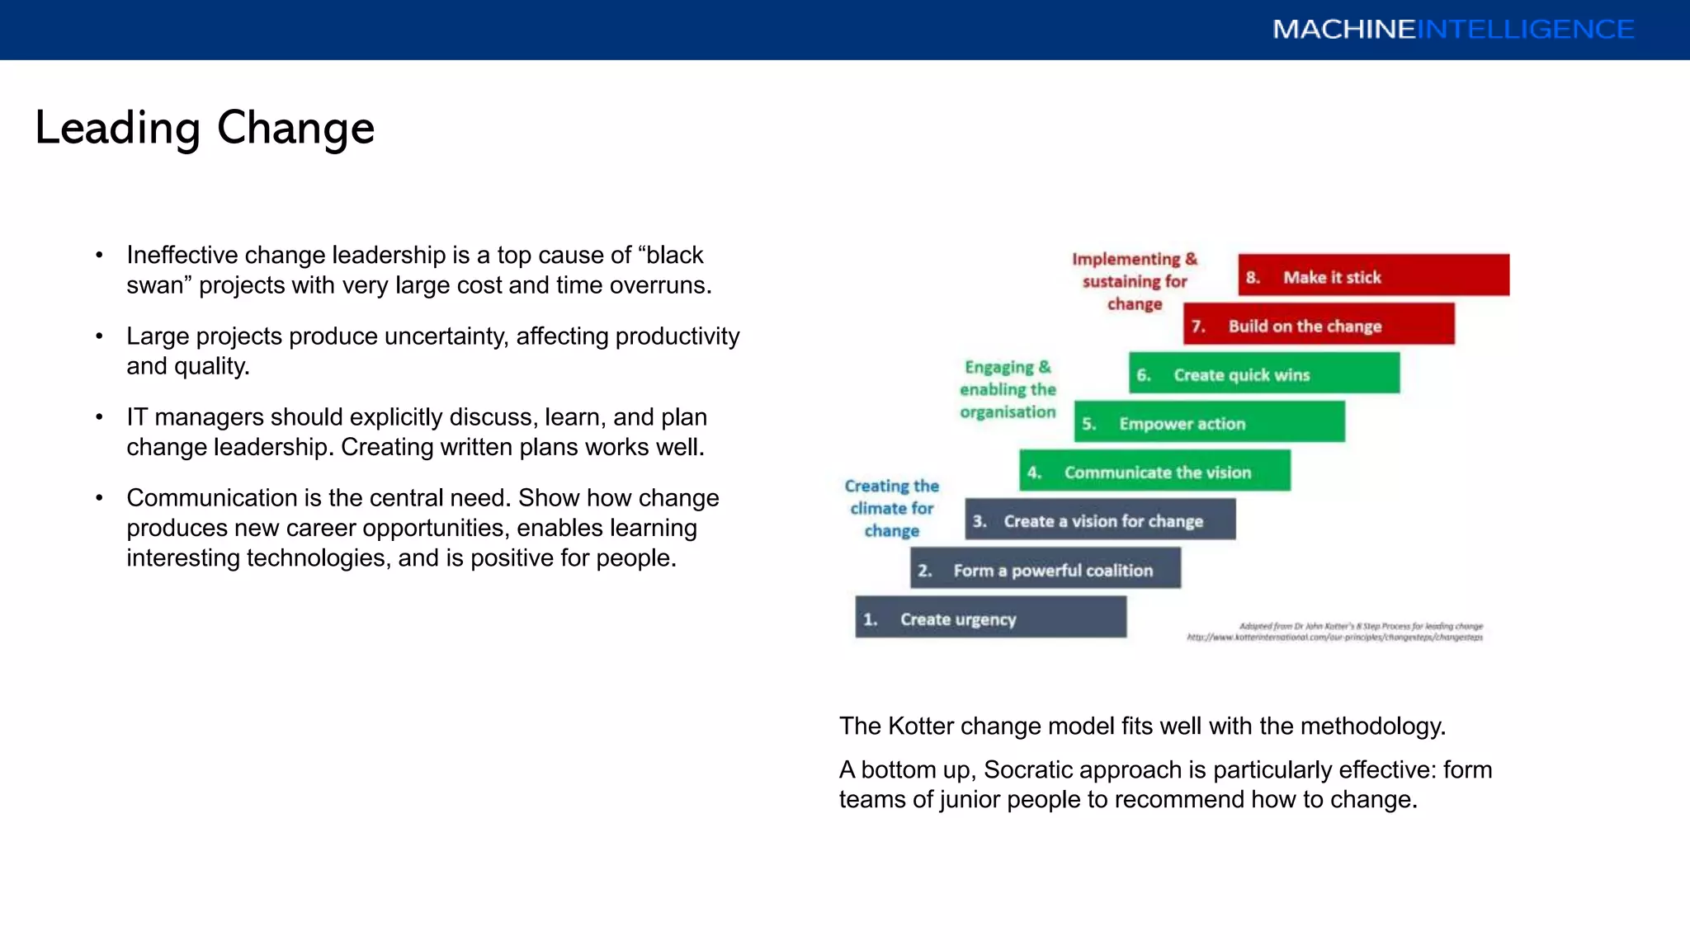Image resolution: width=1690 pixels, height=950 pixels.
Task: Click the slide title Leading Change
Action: [205, 129]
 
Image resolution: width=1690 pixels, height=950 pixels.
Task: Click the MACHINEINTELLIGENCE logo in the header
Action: [1452, 30]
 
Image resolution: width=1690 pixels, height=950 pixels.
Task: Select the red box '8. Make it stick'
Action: [1373, 275]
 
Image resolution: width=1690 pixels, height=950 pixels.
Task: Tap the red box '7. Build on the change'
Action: [1318, 324]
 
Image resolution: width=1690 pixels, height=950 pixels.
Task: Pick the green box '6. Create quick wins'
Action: [1263, 374]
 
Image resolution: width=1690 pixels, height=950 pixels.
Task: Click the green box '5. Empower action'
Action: [1209, 422]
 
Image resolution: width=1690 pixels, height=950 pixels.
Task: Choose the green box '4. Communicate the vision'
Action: [1154, 471]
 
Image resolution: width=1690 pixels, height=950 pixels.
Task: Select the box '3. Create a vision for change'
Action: [1100, 520]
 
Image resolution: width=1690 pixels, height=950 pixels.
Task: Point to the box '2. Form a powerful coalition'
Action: [1045, 569]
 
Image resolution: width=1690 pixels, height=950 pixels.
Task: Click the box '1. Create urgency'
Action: [990, 618]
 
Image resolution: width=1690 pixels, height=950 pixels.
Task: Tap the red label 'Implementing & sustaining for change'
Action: [1135, 281]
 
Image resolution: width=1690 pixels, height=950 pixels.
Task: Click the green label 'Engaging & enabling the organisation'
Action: [1008, 389]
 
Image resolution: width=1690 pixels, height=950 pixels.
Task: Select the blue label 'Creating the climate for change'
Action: [892, 508]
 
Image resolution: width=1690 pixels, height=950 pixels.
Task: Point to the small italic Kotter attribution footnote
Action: [1335, 632]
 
